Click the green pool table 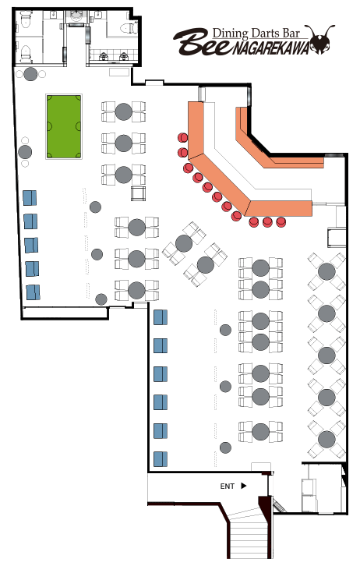click(x=63, y=126)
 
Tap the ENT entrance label click(x=228, y=486)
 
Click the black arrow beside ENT click(x=243, y=486)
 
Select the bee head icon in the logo click(x=319, y=39)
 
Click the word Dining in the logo click(x=230, y=34)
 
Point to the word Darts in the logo click(x=266, y=34)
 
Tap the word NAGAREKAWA click(x=270, y=48)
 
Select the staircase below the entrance click(x=247, y=534)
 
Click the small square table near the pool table click(x=138, y=193)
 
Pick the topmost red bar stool click(x=182, y=137)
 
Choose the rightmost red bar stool click(x=281, y=221)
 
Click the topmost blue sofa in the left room click(x=30, y=198)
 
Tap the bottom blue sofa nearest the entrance click(x=161, y=458)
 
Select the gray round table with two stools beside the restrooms click(x=30, y=74)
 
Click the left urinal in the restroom click(x=104, y=56)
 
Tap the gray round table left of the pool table click(x=25, y=152)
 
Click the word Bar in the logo click(x=291, y=34)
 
